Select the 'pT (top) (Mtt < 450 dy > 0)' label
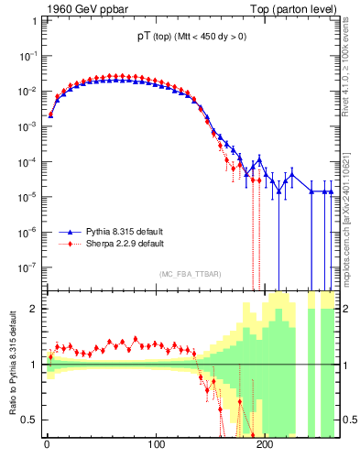[x=186, y=36]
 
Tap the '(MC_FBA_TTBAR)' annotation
[x=190, y=274]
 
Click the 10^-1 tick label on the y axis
[x=28, y=56]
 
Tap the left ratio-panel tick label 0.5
[x=31, y=420]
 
